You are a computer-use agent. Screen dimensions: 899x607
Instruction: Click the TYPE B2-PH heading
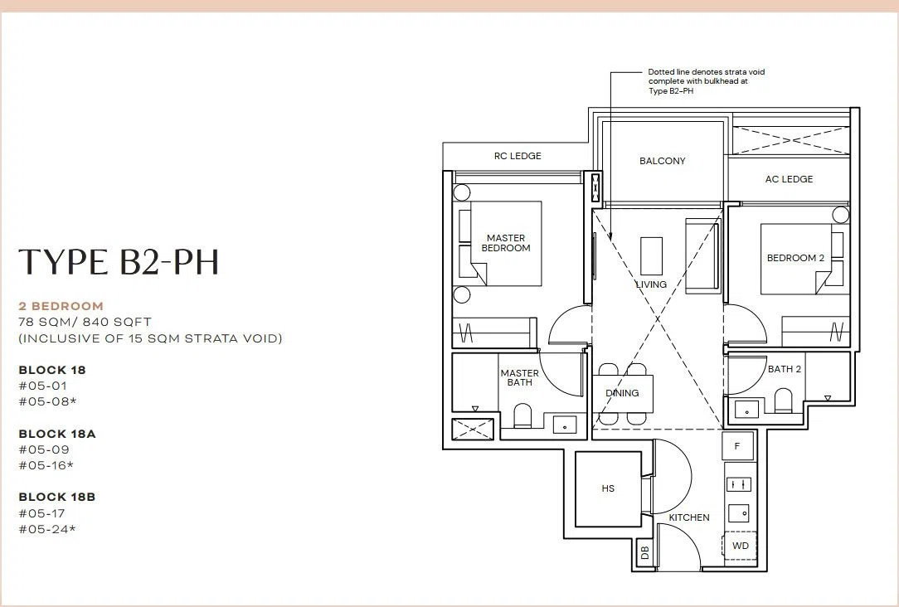[x=119, y=262]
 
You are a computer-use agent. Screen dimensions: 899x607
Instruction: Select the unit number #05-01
[x=43, y=386]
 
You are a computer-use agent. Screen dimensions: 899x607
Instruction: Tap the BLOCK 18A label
[x=57, y=434]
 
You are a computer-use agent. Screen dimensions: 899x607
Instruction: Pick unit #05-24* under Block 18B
[x=47, y=529]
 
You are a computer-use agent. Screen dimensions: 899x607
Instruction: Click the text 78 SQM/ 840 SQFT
[x=85, y=322]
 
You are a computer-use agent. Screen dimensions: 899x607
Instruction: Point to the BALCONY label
[x=662, y=161]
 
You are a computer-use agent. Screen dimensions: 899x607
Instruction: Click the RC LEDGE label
[x=518, y=156]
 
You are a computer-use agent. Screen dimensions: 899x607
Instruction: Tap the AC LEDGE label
[x=789, y=179]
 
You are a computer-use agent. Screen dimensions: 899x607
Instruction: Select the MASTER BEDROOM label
[x=506, y=243]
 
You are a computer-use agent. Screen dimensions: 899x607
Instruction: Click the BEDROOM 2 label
[x=796, y=258]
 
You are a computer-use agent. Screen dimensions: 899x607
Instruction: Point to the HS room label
[x=608, y=488]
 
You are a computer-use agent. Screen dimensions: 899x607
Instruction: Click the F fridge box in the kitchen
[x=737, y=446]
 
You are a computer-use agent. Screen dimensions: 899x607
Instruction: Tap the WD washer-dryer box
[x=741, y=546]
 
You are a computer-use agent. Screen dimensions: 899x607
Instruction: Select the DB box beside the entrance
[x=644, y=552]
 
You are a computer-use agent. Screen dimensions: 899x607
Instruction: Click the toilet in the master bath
[x=522, y=415]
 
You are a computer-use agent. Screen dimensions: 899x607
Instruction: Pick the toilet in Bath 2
[x=783, y=401]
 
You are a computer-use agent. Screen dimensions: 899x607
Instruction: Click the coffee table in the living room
[x=651, y=255]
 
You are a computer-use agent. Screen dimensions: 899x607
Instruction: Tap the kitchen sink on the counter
[x=738, y=512]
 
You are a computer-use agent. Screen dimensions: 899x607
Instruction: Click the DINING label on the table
[x=622, y=393]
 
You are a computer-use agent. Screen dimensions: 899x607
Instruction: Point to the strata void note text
[x=707, y=81]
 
